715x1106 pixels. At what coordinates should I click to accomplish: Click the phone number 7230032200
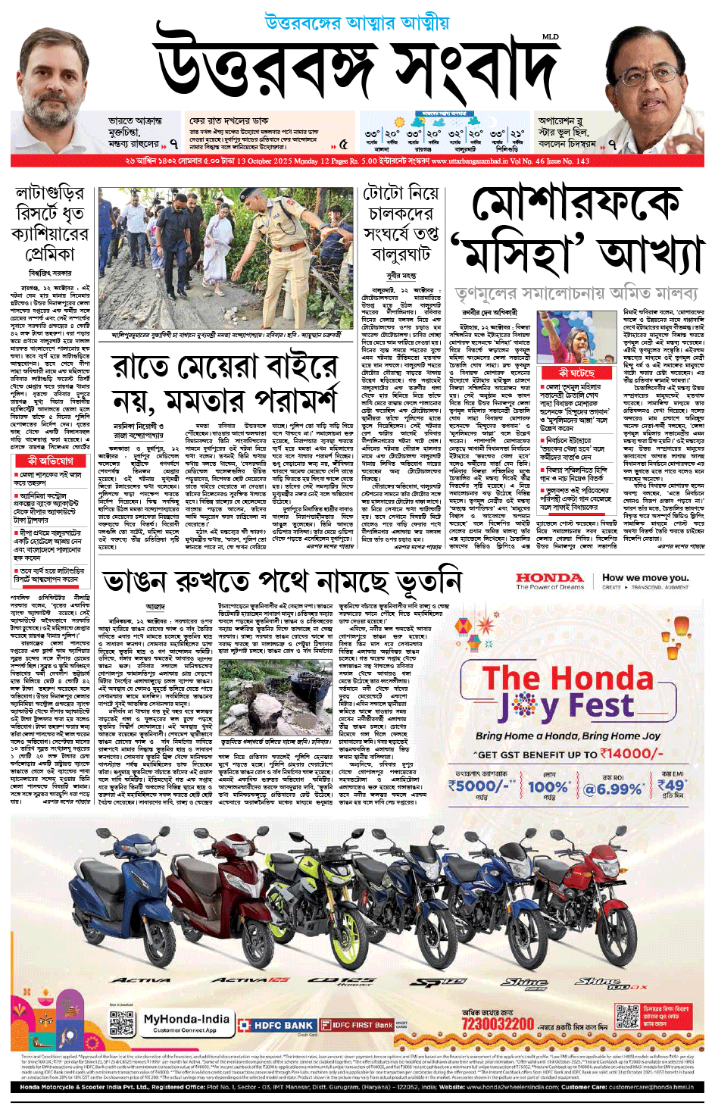[498, 1025]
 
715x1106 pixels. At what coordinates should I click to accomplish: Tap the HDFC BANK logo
[276, 1025]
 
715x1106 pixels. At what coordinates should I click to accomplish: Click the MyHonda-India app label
[186, 1019]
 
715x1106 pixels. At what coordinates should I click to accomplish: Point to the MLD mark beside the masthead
[549, 37]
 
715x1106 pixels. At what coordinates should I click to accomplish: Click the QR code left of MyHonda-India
[122, 1022]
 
